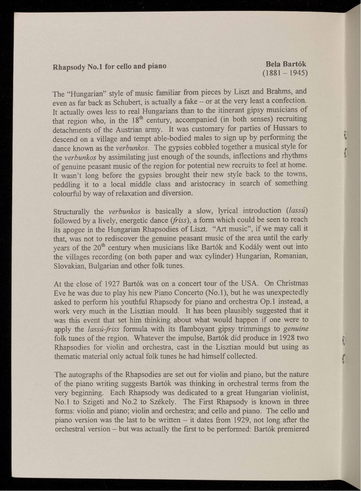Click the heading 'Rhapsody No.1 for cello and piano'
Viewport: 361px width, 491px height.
[109, 67]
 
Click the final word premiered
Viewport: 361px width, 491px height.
[291, 429]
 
